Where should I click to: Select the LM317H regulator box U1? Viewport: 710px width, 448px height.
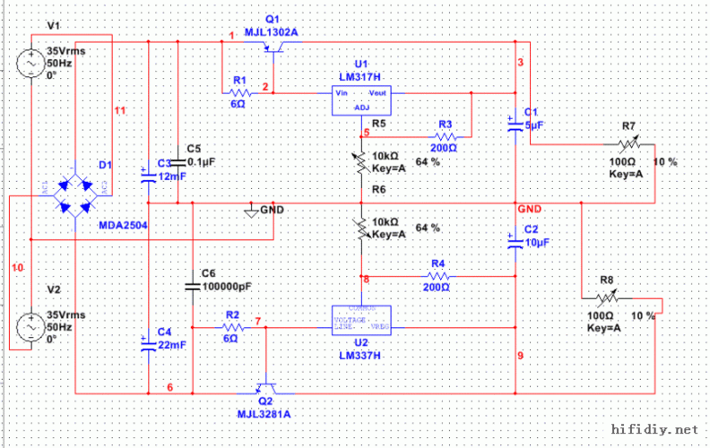pos(360,99)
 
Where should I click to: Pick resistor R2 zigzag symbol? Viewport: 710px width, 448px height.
pos(231,328)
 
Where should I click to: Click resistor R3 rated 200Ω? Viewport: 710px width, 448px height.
pos(443,135)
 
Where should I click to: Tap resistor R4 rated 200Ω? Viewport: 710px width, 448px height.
pos(437,276)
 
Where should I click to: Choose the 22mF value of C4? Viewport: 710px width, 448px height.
pos(173,344)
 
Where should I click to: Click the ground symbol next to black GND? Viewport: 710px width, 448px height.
pos(251,211)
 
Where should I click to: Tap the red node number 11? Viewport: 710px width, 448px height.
pos(121,110)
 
